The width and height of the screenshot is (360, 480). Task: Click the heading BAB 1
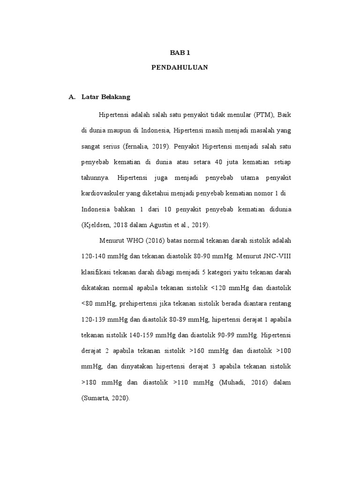coord(180,52)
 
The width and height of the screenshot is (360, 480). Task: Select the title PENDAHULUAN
coord(180,67)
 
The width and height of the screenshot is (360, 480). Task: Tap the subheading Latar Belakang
coord(105,97)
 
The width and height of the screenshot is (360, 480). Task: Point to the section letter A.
coord(72,97)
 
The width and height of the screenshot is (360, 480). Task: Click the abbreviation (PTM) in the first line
coord(262,115)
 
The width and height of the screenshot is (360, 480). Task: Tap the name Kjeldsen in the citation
coord(97,225)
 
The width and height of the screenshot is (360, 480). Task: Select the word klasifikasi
coord(98,272)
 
